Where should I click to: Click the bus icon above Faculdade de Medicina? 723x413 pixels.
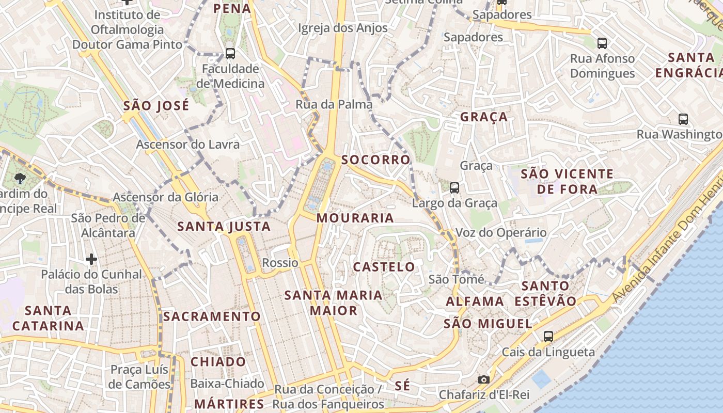(230, 53)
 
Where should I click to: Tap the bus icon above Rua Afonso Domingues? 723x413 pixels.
(602, 43)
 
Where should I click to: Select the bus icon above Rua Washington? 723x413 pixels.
(683, 119)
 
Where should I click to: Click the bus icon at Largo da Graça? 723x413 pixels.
(454, 188)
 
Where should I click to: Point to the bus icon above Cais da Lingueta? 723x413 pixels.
(548, 337)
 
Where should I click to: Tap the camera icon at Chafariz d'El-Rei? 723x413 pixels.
(484, 380)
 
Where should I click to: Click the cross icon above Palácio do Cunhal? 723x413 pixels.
(91, 259)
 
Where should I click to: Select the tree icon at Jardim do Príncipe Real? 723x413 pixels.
(20, 179)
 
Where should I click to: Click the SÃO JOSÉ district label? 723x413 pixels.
(156, 106)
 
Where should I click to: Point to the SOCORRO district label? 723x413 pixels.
(375, 160)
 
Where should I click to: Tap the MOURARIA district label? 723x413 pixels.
(355, 218)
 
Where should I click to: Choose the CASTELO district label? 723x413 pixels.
(384, 267)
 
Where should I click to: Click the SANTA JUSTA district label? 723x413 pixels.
(224, 226)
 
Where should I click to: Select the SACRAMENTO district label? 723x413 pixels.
(212, 316)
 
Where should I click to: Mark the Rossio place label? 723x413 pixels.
(280, 263)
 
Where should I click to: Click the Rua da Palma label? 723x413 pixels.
(334, 104)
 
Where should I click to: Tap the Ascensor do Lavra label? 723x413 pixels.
(187, 144)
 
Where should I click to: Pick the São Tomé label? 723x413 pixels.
(457, 279)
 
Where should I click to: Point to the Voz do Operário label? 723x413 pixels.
(500, 233)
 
